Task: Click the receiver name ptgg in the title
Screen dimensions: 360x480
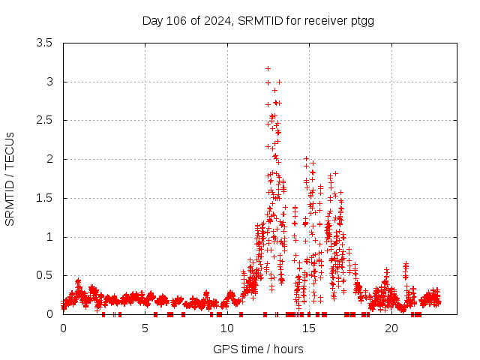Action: click(361, 20)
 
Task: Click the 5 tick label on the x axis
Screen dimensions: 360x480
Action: click(145, 328)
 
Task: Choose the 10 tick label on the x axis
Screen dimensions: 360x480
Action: click(226, 328)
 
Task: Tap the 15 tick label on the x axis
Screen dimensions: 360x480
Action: click(308, 328)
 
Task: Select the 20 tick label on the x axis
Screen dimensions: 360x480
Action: click(390, 328)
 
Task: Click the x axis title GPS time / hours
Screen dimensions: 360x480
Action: click(258, 349)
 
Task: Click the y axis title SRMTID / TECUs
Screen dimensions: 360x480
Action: click(10, 178)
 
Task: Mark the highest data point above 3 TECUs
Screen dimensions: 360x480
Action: click(268, 68)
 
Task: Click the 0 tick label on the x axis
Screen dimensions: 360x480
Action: click(63, 328)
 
